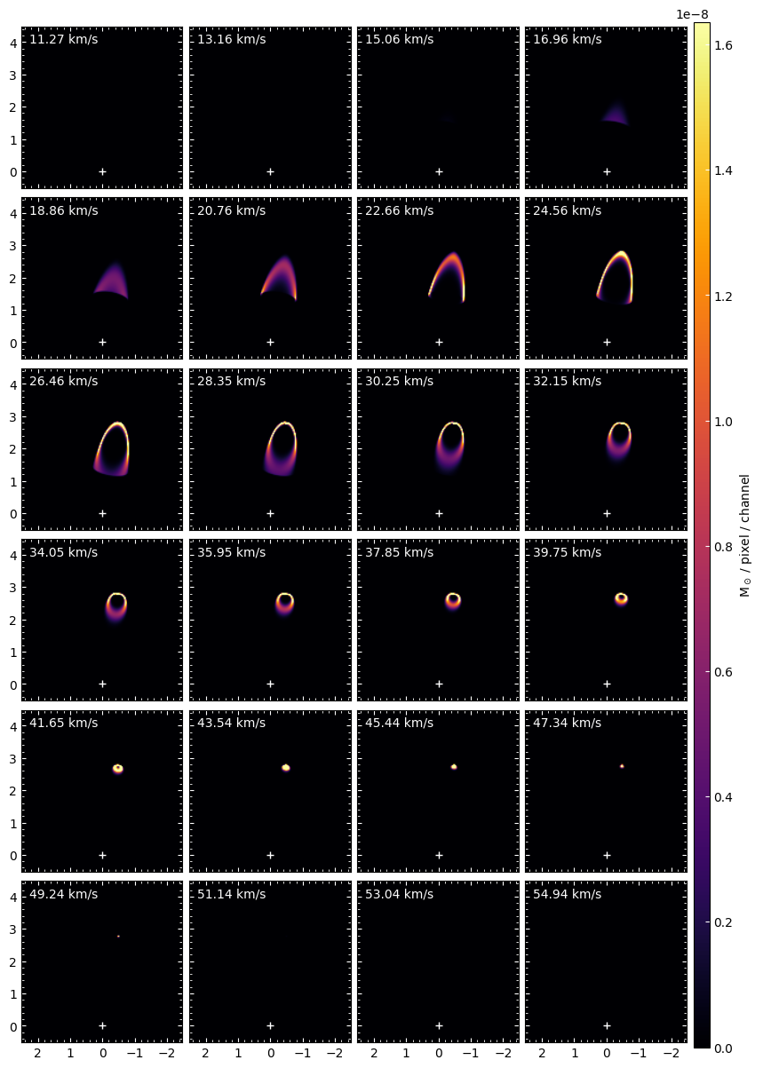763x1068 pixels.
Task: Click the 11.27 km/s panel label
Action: pos(63,39)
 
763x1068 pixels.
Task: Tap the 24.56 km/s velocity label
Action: pos(567,210)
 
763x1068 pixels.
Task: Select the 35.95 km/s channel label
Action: pos(232,552)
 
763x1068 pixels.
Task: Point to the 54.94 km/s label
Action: pos(567,894)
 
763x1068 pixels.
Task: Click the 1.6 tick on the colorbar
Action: pos(723,45)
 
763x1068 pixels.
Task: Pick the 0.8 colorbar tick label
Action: pos(723,547)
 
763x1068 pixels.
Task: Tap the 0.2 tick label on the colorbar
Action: pos(723,922)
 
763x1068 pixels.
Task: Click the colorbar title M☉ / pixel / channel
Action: pos(744,535)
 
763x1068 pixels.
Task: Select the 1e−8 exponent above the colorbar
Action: pos(692,14)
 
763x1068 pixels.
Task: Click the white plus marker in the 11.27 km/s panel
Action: pos(103,171)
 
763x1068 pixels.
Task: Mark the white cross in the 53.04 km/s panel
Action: pos(439,1026)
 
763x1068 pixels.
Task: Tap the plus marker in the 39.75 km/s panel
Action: pos(607,684)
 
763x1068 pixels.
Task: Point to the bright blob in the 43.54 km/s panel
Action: pos(286,768)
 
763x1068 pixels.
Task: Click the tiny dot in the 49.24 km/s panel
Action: pos(118,937)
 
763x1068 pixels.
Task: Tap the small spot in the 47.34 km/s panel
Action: pos(622,766)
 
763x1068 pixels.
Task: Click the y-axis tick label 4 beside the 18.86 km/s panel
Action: pos(13,214)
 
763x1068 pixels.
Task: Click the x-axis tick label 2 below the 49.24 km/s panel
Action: pos(37,1053)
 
